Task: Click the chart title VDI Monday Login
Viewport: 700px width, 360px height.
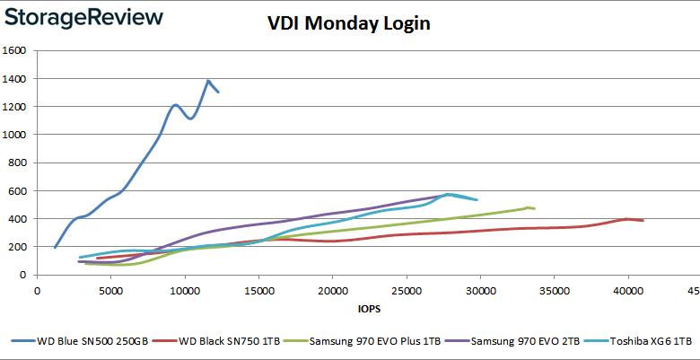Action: [349, 23]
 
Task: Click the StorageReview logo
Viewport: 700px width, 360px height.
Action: [83, 17]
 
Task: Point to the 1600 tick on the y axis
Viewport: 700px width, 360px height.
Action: [18, 51]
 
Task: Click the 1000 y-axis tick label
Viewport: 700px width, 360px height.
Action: [18, 135]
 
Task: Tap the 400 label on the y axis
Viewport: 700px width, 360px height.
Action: [22, 219]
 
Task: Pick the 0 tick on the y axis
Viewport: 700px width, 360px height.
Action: [27, 275]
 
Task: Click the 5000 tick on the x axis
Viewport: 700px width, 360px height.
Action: [110, 290]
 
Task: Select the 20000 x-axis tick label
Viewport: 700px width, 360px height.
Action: [332, 290]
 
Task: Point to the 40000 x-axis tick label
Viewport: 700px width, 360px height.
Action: [627, 290]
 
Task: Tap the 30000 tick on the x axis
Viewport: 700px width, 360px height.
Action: [480, 290]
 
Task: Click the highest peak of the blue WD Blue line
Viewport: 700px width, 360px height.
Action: [208, 81]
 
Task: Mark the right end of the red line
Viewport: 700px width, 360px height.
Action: [643, 220]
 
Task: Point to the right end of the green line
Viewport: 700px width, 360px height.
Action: [534, 208]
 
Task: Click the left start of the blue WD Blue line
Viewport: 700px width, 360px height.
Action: [55, 247]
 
